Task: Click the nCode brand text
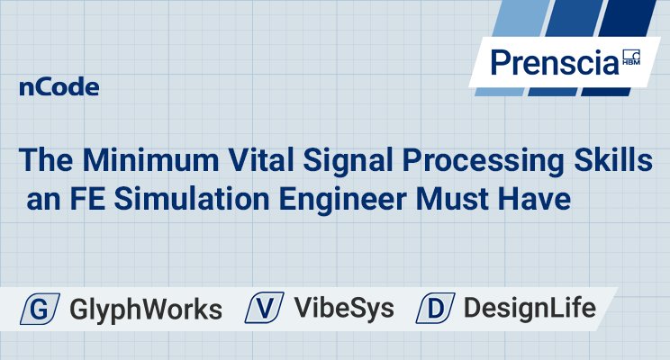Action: coord(59,88)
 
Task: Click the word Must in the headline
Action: coord(474,199)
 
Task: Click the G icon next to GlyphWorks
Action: coord(41,309)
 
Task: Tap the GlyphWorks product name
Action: coord(145,310)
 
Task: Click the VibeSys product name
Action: coord(345,309)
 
